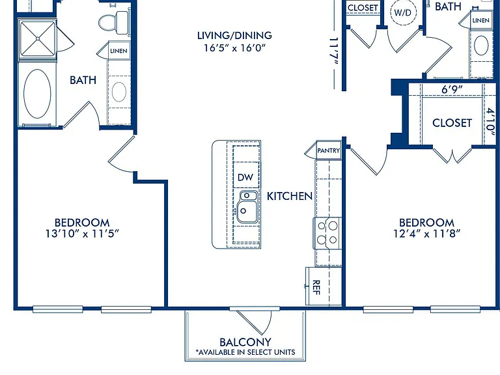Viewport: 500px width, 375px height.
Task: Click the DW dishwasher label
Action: coord(245,177)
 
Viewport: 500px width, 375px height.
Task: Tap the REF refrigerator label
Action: coord(316,287)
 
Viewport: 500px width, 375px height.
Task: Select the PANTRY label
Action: coord(328,150)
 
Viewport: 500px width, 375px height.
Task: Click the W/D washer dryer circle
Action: coord(403,13)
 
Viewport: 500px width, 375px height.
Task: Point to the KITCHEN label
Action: coord(290,197)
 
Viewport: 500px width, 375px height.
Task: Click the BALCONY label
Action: coord(245,342)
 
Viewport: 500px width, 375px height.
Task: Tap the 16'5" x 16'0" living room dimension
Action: coord(234,48)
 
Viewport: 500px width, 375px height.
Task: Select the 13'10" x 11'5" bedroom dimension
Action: coord(82,234)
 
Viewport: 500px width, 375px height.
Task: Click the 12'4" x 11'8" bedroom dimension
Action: coord(426,234)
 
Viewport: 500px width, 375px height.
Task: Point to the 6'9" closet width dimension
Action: coord(452,90)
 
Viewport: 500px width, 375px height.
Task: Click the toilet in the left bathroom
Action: coord(114,23)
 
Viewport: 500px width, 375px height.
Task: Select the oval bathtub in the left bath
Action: coord(37,94)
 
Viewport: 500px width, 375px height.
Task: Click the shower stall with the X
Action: coord(38,38)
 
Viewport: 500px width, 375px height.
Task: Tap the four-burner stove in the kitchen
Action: coord(327,233)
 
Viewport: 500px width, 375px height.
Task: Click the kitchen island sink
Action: coord(247,206)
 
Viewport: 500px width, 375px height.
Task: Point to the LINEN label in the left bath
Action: coord(118,51)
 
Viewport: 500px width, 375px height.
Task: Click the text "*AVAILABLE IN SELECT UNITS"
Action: coord(245,352)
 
